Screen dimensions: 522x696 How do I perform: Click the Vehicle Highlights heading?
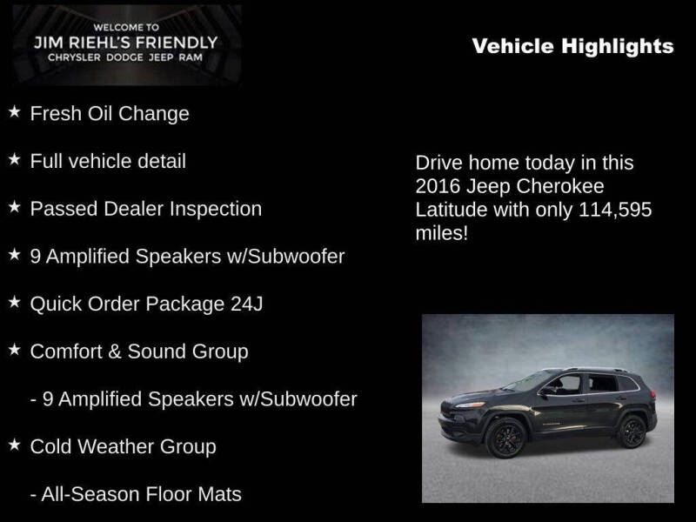point(572,46)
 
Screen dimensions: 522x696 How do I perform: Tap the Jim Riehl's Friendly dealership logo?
point(126,43)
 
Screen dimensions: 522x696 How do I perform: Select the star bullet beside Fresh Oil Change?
point(15,112)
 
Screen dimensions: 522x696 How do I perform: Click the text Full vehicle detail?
point(108,161)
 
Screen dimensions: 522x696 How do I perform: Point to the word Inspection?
point(217,209)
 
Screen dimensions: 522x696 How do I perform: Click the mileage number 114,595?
point(615,211)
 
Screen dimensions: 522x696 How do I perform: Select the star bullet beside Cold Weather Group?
point(15,445)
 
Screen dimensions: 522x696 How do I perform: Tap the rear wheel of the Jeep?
point(632,431)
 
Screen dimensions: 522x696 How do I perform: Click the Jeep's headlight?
point(470,405)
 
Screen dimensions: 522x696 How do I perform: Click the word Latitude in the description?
point(451,211)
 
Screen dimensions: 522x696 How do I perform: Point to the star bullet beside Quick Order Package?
point(15,303)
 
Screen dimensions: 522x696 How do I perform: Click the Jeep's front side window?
point(565,385)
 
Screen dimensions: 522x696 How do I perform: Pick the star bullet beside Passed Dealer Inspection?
point(15,208)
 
